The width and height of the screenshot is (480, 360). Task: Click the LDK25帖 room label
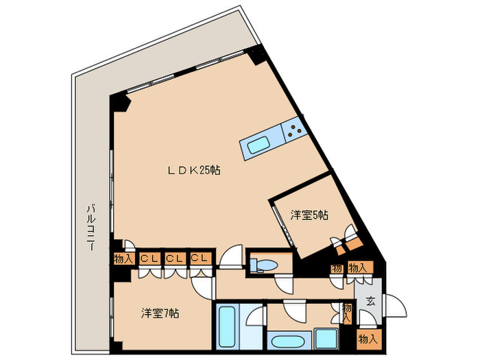(194, 170)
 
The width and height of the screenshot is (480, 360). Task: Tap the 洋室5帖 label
(309, 215)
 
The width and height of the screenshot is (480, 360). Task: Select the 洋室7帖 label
(160, 313)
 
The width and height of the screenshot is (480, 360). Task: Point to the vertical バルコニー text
(91, 228)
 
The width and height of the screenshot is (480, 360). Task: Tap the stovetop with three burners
(294, 130)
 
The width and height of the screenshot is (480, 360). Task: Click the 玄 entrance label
(371, 302)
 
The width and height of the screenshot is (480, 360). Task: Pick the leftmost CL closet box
(149, 259)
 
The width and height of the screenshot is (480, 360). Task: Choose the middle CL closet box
(175, 259)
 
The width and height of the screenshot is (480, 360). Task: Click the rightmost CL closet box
(200, 259)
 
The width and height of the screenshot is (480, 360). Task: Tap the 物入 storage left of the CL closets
(123, 259)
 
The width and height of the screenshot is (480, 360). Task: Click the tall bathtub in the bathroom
(227, 327)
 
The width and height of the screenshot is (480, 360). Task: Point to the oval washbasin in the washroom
(286, 341)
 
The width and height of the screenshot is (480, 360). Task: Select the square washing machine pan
(326, 339)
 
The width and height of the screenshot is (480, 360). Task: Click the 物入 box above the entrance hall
(361, 268)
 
